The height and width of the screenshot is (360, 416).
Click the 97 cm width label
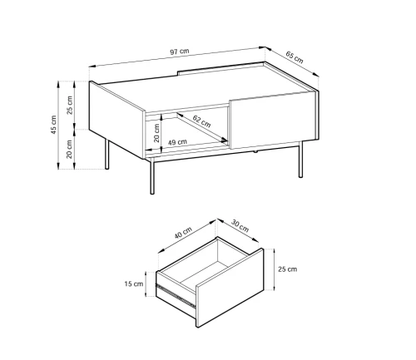[x=179, y=52]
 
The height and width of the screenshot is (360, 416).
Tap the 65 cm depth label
[x=295, y=57]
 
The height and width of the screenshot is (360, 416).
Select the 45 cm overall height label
[x=53, y=125]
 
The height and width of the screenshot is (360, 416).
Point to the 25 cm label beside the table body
[x=69, y=105]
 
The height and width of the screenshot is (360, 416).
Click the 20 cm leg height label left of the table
[x=69, y=149]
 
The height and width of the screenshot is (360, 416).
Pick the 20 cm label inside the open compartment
[x=156, y=133]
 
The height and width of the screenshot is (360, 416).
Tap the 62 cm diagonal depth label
[x=201, y=121]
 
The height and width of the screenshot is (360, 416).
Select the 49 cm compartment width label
[x=177, y=142]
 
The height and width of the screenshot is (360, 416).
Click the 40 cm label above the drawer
[x=183, y=233]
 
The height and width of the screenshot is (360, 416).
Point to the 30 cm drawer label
[x=240, y=226]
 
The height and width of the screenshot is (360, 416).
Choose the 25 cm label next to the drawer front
[x=288, y=269]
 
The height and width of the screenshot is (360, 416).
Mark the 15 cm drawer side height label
[x=134, y=284]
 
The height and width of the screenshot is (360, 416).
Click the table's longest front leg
[x=152, y=175]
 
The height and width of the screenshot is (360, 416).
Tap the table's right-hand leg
[x=300, y=160]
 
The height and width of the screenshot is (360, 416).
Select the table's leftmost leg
[x=107, y=154]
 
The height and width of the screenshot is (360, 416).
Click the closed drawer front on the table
[x=273, y=120]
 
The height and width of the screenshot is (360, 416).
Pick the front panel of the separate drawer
[x=230, y=288]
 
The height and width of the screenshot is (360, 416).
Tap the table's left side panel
[x=117, y=120]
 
